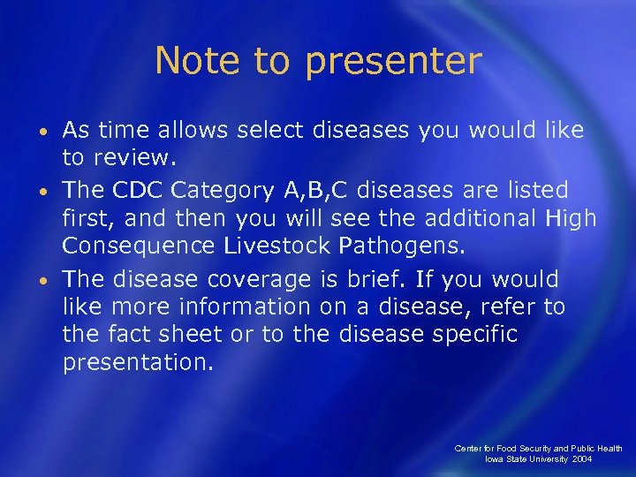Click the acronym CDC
[x=140, y=190]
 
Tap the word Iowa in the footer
[x=495, y=460]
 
